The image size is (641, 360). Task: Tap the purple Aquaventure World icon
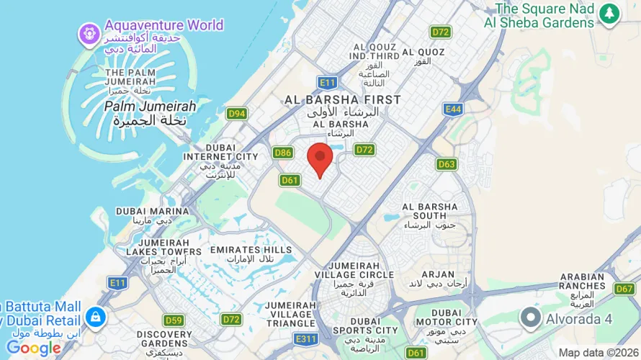[x=89, y=32]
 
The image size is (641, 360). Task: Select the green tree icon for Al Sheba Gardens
[x=610, y=13]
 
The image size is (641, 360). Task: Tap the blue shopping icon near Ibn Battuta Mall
[x=95, y=316]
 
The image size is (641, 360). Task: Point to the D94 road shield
[x=236, y=113]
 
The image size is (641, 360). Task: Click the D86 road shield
[x=283, y=153]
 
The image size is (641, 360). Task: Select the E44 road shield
[x=452, y=109]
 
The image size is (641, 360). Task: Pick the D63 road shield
[x=447, y=164]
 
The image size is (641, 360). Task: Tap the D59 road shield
[x=174, y=320]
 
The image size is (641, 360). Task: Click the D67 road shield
[x=624, y=289]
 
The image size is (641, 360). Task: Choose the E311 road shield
[x=306, y=337]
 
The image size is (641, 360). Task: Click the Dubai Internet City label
[x=220, y=156]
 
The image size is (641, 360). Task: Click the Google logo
[x=34, y=348]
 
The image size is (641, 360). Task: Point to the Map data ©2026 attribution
[x=599, y=353]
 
